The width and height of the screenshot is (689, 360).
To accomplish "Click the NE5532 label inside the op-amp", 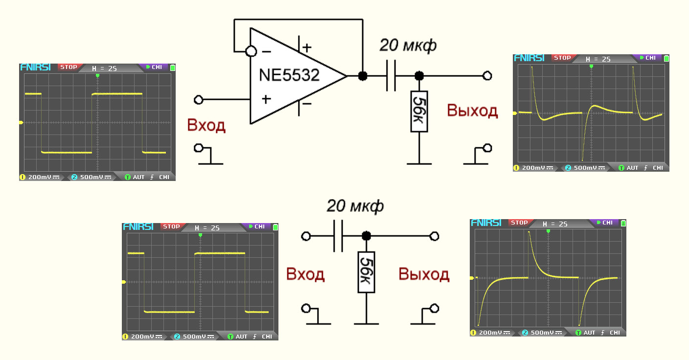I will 289,76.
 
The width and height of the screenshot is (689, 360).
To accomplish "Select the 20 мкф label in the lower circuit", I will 355,206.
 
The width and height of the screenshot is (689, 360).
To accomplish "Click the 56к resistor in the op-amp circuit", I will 419,111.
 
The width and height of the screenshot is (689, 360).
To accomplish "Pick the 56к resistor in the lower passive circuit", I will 366,272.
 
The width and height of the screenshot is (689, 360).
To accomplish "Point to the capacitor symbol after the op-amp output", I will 390,76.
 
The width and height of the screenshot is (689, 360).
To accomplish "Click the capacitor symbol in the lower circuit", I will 338,236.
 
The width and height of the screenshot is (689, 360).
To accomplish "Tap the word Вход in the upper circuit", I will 206,126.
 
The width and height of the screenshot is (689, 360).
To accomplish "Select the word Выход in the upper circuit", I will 472,111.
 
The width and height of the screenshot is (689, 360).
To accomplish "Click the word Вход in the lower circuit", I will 305,274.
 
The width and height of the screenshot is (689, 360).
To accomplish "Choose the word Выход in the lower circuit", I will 424,274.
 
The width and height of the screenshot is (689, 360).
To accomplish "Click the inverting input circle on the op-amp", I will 251,51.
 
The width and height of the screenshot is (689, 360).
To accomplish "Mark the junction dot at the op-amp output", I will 363,76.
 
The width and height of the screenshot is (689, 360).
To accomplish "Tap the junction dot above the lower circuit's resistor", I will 366,236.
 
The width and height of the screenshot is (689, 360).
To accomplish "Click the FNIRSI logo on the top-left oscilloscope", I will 35,67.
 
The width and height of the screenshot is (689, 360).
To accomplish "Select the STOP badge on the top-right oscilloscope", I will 562,58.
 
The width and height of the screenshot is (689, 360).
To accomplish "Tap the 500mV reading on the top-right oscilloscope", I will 584,168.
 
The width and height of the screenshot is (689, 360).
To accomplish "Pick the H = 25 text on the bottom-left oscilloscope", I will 207,228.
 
